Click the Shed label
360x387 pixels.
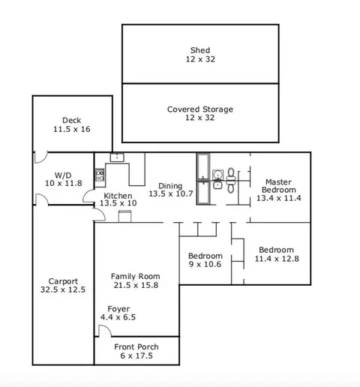(x=200, y=50)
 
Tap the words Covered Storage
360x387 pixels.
(x=200, y=109)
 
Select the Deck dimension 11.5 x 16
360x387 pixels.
(x=72, y=129)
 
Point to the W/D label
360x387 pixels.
(x=63, y=175)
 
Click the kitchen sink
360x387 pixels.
(x=117, y=157)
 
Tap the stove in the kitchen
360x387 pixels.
(x=100, y=175)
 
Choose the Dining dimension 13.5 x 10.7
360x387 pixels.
(x=171, y=193)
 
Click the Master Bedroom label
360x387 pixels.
(x=279, y=186)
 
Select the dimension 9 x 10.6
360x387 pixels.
(x=205, y=264)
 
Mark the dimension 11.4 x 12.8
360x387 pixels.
(x=277, y=259)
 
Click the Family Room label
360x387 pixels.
(x=136, y=276)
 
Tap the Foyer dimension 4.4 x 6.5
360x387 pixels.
(x=118, y=317)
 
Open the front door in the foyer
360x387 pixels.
(x=105, y=330)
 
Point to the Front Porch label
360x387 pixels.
(x=136, y=346)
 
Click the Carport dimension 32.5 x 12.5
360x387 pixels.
(x=63, y=289)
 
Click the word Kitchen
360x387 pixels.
(x=118, y=196)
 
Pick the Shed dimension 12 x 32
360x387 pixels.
(x=200, y=59)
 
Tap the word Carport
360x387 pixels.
(x=63, y=281)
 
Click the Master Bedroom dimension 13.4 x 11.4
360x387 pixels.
(x=279, y=198)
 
